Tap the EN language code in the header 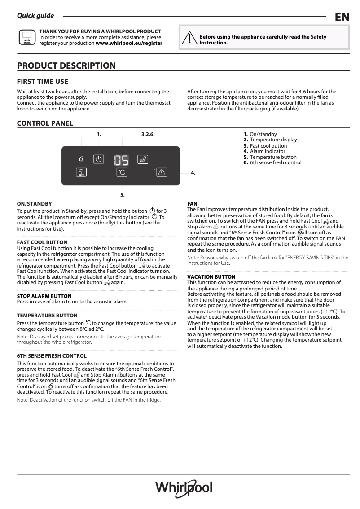(342, 18)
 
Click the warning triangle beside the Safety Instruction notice (190, 39)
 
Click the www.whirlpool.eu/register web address (129, 44)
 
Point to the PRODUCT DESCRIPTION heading (66, 66)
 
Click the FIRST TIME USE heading (43, 82)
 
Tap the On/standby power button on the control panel (99, 159)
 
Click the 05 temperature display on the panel (121, 160)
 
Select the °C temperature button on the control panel (122, 172)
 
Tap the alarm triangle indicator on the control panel (162, 172)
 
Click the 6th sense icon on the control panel (81, 159)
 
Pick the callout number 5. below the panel (122, 195)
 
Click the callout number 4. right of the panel (193, 173)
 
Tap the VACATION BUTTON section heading (211, 277)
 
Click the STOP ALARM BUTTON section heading (44, 296)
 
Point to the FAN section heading (192, 204)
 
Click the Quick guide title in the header (35, 16)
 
